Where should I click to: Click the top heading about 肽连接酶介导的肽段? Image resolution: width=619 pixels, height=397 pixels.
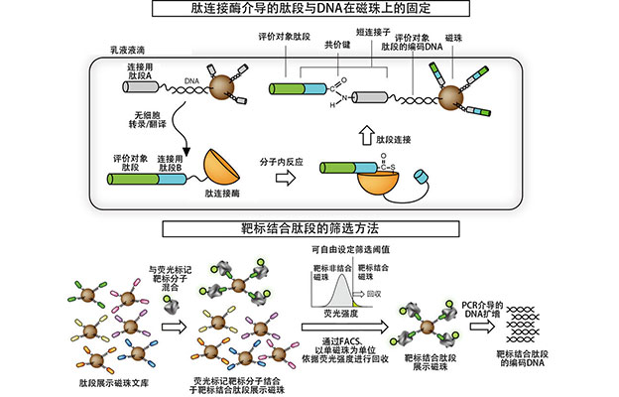click(x=309, y=10)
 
